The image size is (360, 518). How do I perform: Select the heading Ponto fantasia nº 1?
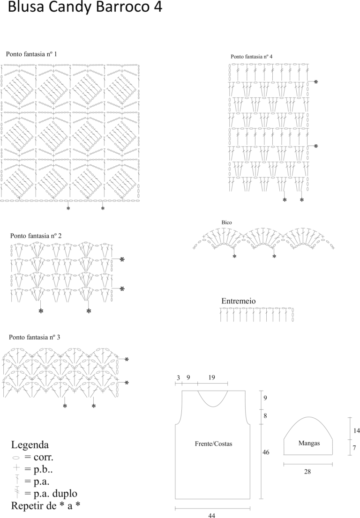pyautogui.click(x=31, y=54)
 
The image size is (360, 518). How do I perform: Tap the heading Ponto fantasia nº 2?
pyautogui.click(x=36, y=236)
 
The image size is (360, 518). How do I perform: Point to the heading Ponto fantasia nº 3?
pyautogui.click(x=34, y=337)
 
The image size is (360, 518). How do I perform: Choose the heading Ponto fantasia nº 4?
pyautogui.click(x=252, y=57)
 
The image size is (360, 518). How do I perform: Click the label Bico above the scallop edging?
pyautogui.click(x=227, y=222)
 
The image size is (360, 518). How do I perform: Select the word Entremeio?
pyautogui.click(x=238, y=301)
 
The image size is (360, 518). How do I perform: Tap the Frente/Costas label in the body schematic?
pyautogui.click(x=214, y=444)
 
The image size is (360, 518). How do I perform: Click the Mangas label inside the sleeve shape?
pyautogui.click(x=309, y=443)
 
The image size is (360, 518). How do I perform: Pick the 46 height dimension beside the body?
pyautogui.click(x=266, y=452)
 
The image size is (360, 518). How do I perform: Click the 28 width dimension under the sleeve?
pyautogui.click(x=307, y=472)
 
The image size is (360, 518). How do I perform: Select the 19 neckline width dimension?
pyautogui.click(x=211, y=377)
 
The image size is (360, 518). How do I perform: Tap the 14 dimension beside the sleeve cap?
pyautogui.click(x=356, y=430)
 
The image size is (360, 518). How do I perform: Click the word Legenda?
pyautogui.click(x=30, y=444)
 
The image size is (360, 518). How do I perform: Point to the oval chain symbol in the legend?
pyautogui.click(x=15, y=458)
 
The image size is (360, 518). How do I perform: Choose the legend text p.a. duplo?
pyautogui.click(x=55, y=494)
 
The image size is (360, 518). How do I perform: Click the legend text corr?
pyautogui.click(x=43, y=458)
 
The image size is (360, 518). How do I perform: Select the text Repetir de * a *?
pyautogui.click(x=45, y=506)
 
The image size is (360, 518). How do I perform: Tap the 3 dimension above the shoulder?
pyautogui.click(x=178, y=377)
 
